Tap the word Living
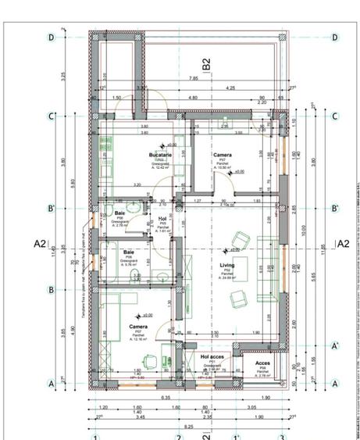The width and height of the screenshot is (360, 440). pyautogui.click(x=226, y=266)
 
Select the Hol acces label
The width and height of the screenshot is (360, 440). pyautogui.click(x=212, y=356)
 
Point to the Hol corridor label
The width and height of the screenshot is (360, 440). pyautogui.click(x=162, y=219)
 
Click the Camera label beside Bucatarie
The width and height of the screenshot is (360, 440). pyautogui.click(x=223, y=156)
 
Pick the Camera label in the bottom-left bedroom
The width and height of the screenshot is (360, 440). pyautogui.click(x=138, y=327)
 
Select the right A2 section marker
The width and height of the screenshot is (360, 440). pyautogui.click(x=341, y=244)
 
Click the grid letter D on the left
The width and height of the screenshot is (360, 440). pyautogui.click(x=52, y=37)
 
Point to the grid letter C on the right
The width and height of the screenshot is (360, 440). pyautogui.click(x=335, y=117)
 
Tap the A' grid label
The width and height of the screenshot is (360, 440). pyautogui.click(x=335, y=345)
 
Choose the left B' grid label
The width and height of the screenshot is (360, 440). pyautogui.click(x=52, y=209)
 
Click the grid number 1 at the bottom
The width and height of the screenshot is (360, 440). pyautogui.click(x=96, y=436)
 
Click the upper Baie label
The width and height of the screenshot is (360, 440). pyautogui.click(x=120, y=213)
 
